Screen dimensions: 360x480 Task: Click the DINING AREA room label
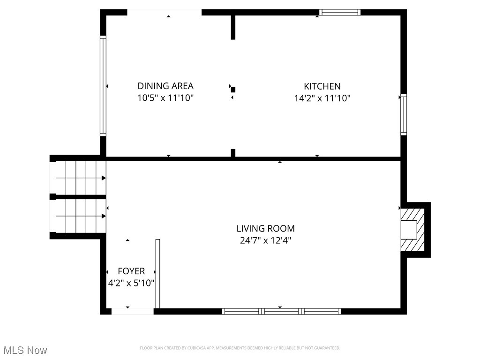tap(165, 86)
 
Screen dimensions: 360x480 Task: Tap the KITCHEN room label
tap(322, 86)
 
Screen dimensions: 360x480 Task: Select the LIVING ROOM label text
tap(265, 229)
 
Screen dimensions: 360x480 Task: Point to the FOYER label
tap(131, 271)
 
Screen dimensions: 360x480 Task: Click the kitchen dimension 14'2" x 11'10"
tap(322, 98)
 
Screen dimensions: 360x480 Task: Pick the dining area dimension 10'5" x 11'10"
tap(165, 98)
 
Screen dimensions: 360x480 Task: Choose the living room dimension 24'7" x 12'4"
tap(265, 241)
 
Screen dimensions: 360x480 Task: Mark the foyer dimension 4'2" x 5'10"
tap(131, 284)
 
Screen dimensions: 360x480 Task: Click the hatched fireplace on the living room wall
tap(412, 230)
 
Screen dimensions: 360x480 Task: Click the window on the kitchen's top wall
tap(340, 12)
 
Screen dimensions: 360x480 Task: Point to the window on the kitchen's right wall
tap(403, 114)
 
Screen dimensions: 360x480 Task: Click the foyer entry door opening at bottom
tap(132, 311)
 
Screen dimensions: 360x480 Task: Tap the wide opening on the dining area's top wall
tap(165, 12)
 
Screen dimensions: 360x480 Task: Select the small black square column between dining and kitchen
tap(233, 89)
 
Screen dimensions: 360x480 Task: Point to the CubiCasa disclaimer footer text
tap(240, 348)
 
